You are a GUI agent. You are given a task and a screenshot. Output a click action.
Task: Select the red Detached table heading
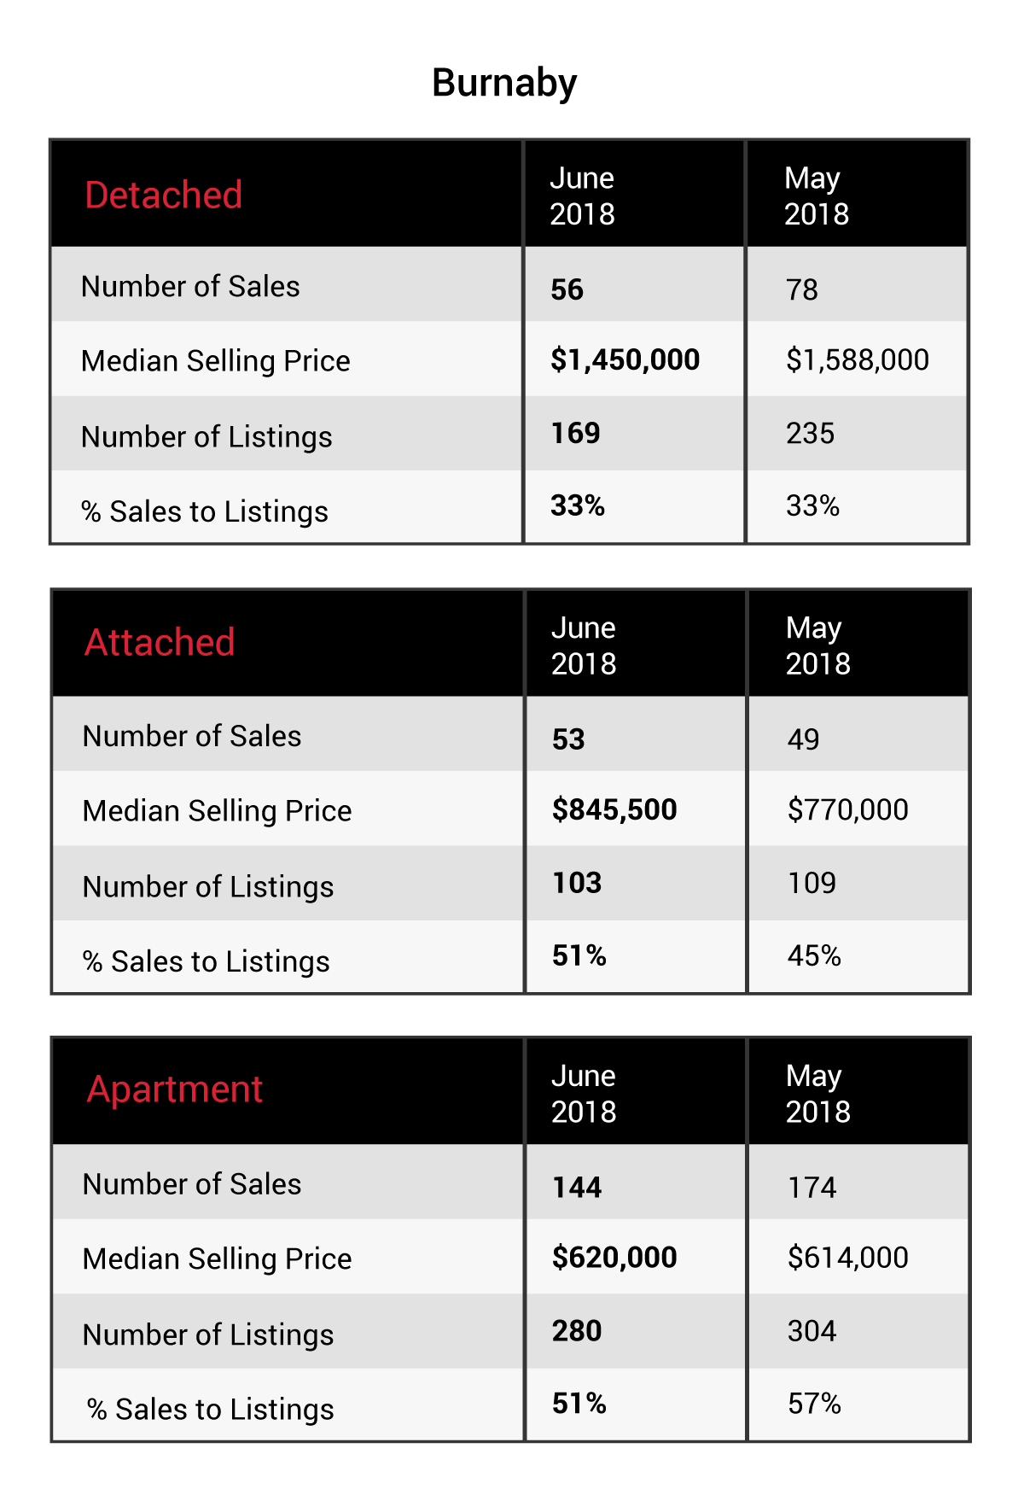click(164, 195)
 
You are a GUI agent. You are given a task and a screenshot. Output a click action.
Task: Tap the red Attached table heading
click(160, 642)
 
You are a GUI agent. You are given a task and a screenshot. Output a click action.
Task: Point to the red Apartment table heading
click(175, 1090)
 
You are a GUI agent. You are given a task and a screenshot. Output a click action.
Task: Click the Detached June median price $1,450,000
click(625, 360)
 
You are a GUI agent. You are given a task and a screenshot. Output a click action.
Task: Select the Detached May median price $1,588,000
click(858, 360)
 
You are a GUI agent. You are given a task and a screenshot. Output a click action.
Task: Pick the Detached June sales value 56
click(567, 289)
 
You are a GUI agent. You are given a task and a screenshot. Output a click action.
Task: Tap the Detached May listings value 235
click(810, 433)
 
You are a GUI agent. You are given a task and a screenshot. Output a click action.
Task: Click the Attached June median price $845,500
click(614, 809)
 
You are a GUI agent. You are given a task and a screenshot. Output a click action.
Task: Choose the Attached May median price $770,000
click(848, 809)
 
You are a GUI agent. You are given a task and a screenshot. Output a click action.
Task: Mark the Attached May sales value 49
click(803, 739)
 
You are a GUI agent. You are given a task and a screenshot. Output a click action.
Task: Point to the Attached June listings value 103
click(577, 883)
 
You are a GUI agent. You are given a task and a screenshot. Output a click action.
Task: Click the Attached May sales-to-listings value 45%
click(814, 955)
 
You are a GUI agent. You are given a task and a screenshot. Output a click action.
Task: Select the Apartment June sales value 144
click(577, 1187)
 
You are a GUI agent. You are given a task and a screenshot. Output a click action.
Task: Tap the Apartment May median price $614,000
click(848, 1258)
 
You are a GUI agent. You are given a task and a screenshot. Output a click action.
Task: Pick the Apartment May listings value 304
click(812, 1331)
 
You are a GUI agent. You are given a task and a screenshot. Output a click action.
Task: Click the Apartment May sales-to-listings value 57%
click(814, 1404)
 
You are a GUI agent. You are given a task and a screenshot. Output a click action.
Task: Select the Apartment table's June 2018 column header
click(584, 1094)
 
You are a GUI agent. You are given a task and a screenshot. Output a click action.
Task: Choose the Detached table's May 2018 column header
click(817, 196)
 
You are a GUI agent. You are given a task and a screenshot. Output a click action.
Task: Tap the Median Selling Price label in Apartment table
click(217, 1259)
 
